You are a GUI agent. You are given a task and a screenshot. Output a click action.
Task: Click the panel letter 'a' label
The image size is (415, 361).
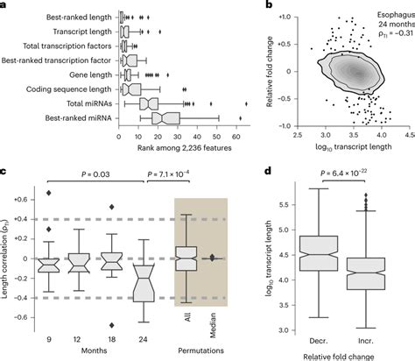[x=4, y=5]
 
